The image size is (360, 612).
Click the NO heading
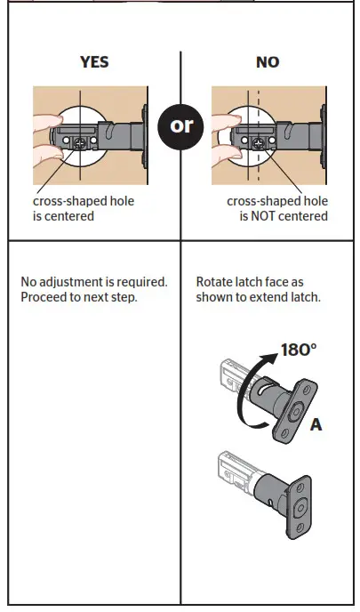point(267,62)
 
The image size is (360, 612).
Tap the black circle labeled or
point(180,125)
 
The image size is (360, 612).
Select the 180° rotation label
point(299,350)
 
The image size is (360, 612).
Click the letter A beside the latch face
point(316,425)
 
